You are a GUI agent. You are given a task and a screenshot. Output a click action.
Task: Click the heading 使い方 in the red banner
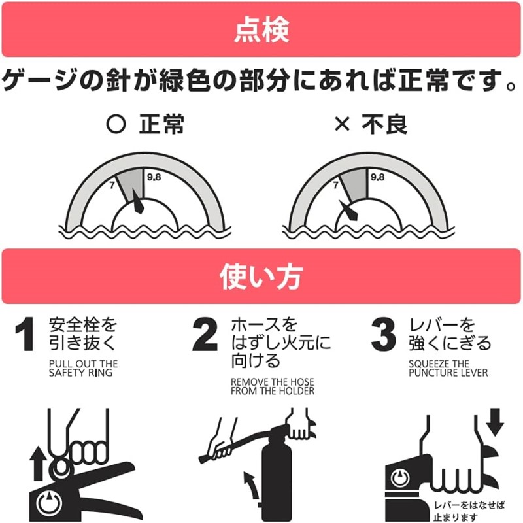point(261,277)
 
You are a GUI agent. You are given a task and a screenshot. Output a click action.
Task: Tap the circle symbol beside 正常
point(116,124)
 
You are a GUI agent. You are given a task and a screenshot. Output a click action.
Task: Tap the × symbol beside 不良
point(342,124)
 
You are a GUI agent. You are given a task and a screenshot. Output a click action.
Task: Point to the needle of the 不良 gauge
point(348,210)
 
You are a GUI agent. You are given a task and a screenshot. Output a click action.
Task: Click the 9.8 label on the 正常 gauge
point(154,177)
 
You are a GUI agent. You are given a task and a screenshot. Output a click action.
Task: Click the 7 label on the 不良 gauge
point(335,185)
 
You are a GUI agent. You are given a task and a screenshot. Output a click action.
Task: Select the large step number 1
point(25,334)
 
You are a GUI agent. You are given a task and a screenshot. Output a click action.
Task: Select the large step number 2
point(205,334)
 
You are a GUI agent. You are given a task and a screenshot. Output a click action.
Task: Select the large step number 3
point(384,335)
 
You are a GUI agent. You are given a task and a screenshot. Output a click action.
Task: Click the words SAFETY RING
point(80,373)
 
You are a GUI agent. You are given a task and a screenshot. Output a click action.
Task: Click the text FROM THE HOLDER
point(273,390)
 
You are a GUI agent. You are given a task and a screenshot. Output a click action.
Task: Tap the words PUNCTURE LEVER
point(448,373)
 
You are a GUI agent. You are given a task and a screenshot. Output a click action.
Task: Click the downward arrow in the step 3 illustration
point(495,422)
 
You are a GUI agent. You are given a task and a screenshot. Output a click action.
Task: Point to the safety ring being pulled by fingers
point(61,467)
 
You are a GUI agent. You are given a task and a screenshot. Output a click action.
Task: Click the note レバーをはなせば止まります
point(469,511)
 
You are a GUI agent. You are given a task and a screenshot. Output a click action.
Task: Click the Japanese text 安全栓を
point(83,325)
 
